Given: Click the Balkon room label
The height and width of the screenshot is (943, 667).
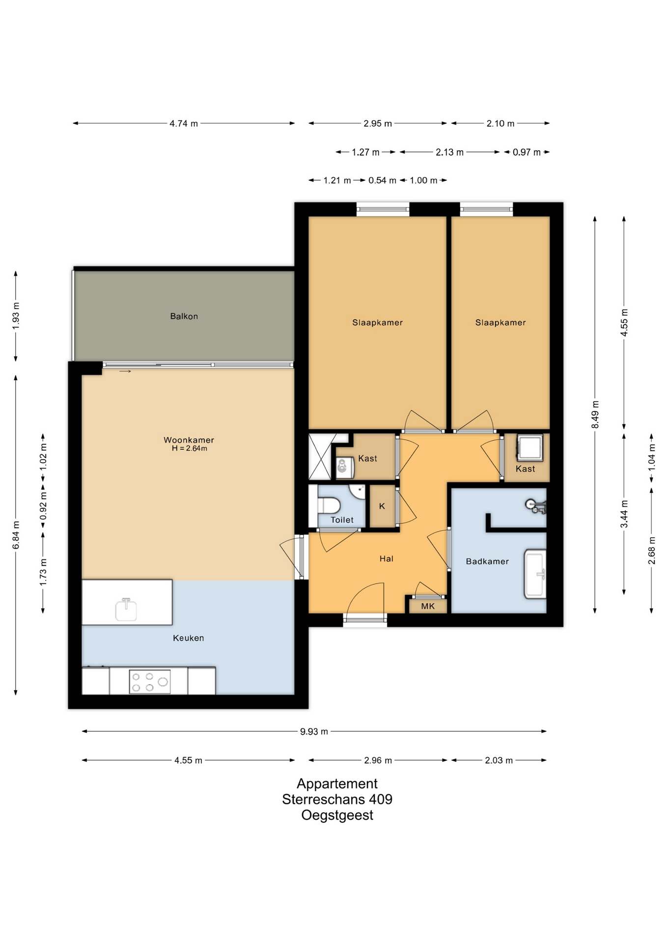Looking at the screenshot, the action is [184, 316].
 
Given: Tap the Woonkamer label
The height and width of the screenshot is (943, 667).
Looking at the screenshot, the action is [189, 440].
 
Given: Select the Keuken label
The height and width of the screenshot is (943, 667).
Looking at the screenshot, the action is [189, 638].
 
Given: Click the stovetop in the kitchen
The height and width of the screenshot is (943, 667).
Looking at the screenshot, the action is [150, 682].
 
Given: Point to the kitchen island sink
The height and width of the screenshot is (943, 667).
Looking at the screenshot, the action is [126, 610].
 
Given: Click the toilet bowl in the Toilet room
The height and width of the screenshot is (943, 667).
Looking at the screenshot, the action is [329, 505].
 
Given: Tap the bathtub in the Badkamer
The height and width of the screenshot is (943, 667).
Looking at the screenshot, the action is [535, 574].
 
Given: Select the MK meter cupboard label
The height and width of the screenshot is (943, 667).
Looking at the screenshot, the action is [428, 606].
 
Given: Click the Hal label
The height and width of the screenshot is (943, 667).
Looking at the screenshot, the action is [387, 558].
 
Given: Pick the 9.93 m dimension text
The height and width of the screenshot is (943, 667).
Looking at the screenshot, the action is [314, 731].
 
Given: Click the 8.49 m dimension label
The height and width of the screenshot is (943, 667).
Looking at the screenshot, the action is [595, 414].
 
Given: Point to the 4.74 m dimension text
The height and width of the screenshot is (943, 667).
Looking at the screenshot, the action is [184, 124].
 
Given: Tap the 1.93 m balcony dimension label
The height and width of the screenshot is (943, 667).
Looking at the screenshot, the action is [16, 316].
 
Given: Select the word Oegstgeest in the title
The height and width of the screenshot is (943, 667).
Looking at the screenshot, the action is [337, 815].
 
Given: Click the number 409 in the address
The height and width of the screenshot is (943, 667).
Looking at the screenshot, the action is [381, 799].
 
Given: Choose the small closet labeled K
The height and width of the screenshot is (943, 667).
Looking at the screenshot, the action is [382, 506].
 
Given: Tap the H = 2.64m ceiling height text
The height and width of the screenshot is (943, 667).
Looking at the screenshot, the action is [190, 448].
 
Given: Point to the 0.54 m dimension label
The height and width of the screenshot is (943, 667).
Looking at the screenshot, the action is [382, 181].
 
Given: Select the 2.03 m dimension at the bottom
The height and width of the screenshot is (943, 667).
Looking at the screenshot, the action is [499, 760].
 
